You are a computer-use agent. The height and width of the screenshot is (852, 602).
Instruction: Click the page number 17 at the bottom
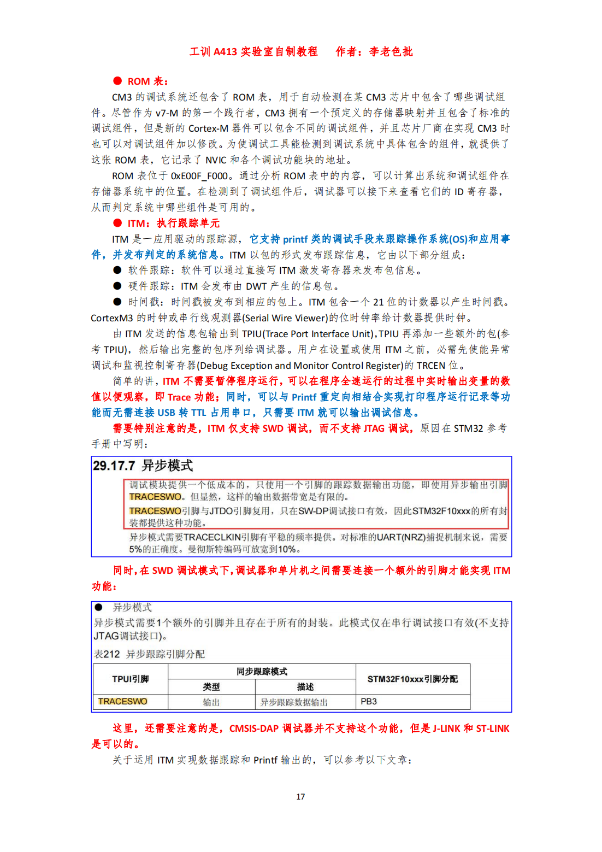coord(300,797)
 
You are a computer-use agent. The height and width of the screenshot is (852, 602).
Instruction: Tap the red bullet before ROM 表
coord(117,81)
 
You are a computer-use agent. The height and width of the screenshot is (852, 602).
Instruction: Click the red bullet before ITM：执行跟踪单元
coord(117,223)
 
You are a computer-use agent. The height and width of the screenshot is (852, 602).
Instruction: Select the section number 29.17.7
coord(114,466)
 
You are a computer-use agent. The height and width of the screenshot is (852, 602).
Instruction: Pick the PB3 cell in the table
coord(369,702)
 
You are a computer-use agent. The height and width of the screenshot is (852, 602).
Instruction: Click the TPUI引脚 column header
coord(131,679)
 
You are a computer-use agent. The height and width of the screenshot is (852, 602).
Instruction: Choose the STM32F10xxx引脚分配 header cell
coord(412,679)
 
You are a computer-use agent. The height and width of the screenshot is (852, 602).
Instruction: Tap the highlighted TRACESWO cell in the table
coord(122,702)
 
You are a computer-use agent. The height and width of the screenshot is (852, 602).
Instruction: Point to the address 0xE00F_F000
coord(199,176)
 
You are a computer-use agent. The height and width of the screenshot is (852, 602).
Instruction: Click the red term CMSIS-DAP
coord(254,728)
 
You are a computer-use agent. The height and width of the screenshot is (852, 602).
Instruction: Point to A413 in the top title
coord(225,52)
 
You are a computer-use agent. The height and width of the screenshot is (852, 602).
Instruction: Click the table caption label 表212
coord(107,654)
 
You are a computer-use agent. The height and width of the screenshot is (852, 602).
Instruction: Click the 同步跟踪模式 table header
coord(262,672)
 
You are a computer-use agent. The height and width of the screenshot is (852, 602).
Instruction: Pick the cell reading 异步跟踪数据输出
coord(294,702)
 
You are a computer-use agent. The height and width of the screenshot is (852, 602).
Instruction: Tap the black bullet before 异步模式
coord(99,607)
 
